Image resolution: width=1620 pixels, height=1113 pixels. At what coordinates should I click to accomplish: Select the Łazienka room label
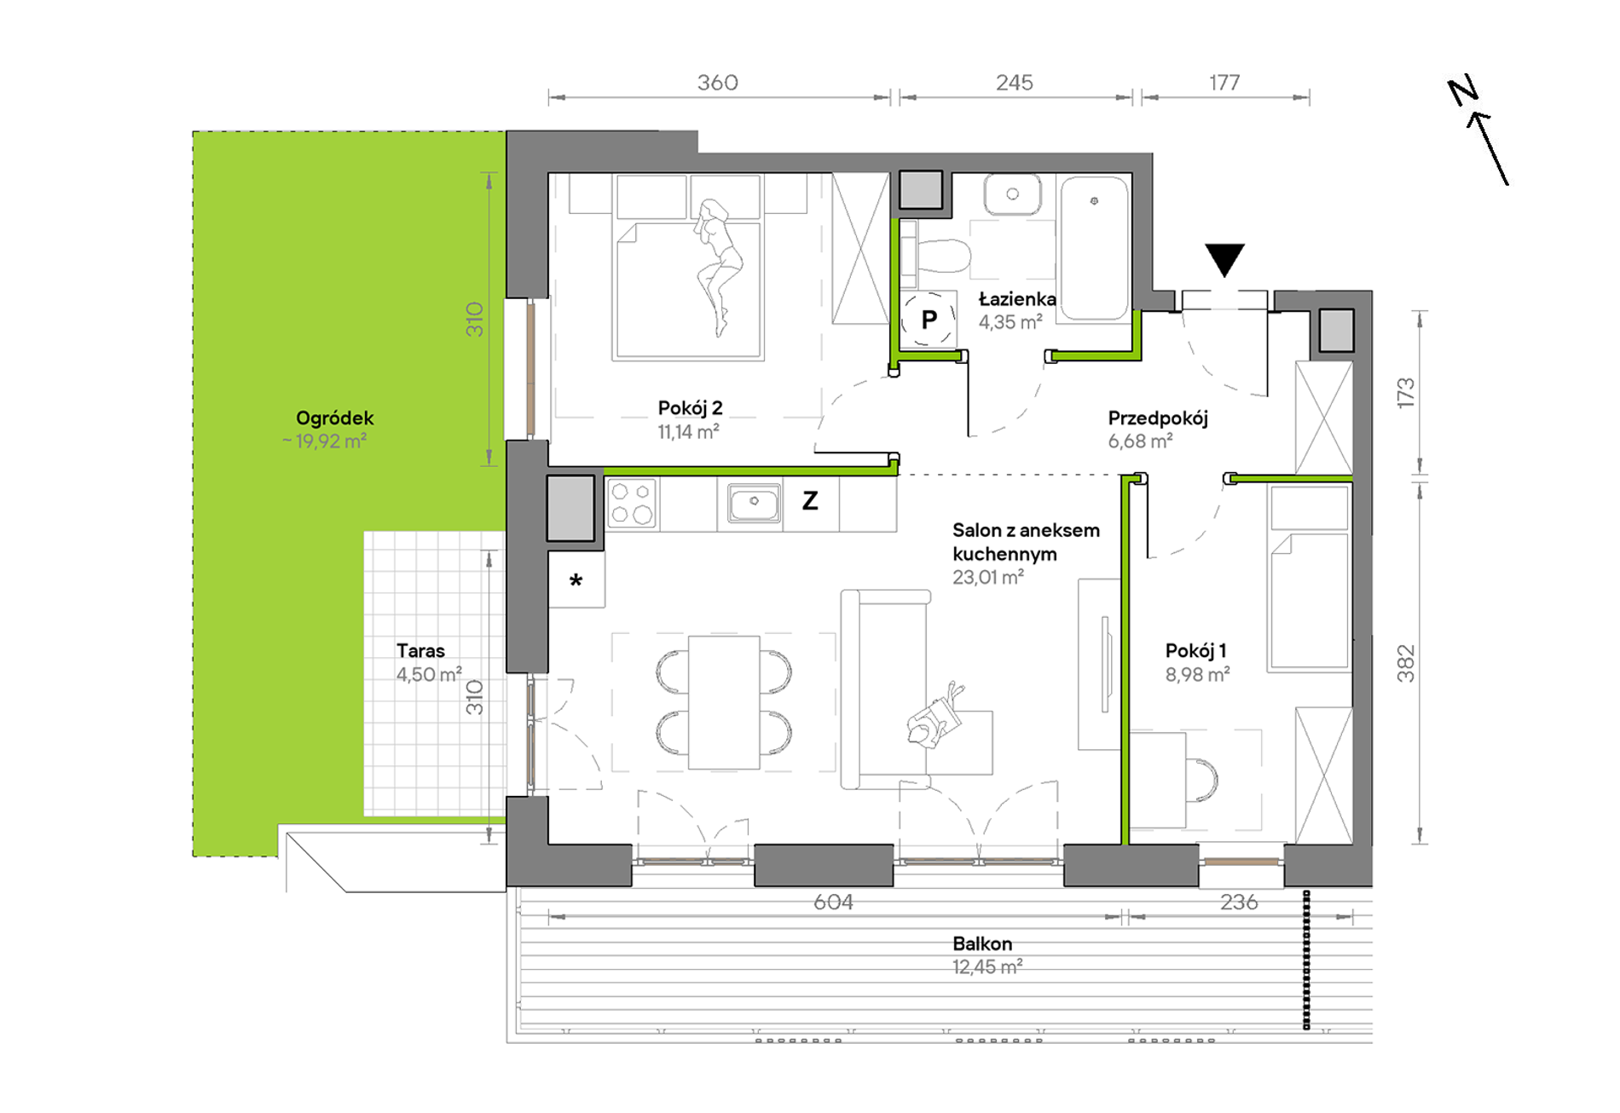(x=1017, y=299)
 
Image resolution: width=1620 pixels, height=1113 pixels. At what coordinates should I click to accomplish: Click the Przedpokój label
(x=1158, y=418)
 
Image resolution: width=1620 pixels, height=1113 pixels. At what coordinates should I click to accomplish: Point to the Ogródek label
(x=334, y=418)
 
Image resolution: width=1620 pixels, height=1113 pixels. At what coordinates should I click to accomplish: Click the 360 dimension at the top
(x=717, y=83)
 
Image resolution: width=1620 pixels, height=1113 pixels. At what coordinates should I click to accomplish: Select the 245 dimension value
(x=1014, y=83)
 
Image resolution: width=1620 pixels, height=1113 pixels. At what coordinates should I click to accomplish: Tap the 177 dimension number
(x=1224, y=83)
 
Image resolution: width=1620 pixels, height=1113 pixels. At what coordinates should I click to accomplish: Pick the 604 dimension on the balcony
(x=833, y=902)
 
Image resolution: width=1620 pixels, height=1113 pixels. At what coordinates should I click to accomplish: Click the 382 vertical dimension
(x=1405, y=664)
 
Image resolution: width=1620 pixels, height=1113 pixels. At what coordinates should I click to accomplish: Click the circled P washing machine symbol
(x=929, y=319)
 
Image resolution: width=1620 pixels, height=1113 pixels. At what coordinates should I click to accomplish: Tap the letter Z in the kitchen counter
(x=810, y=500)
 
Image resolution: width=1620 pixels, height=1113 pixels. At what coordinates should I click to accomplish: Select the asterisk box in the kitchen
(x=576, y=580)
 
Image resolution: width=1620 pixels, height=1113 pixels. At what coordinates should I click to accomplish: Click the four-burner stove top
(x=632, y=503)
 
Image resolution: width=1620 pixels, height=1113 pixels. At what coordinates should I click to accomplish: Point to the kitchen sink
(x=754, y=503)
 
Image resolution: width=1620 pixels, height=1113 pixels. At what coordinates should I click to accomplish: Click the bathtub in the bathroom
(x=1094, y=248)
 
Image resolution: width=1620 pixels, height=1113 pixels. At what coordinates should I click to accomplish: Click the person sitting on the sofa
(x=935, y=716)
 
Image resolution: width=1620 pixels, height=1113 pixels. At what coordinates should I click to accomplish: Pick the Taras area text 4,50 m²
(x=429, y=674)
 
